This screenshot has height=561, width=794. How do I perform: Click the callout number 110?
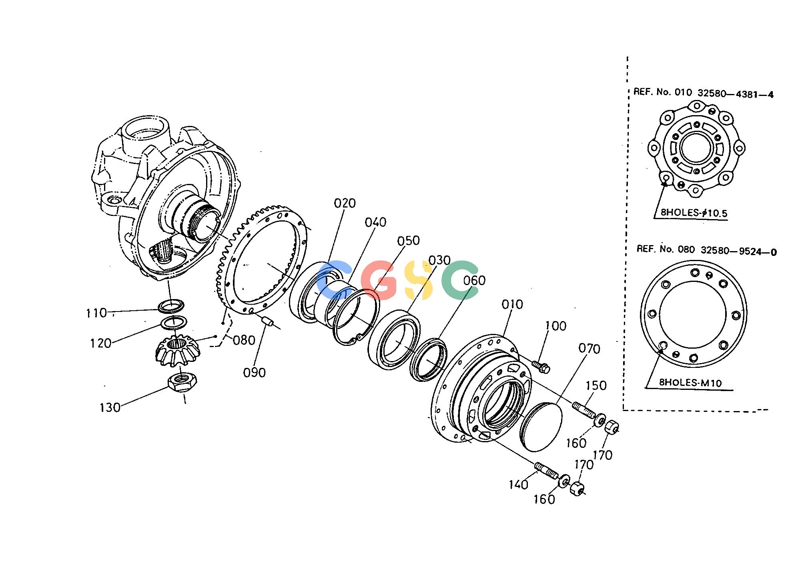click(x=96, y=313)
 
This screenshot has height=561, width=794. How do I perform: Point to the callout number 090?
click(x=255, y=373)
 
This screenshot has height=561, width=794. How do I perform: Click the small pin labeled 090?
click(x=268, y=321)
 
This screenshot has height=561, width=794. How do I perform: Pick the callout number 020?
click(x=345, y=204)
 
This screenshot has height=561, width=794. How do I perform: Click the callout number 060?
click(x=474, y=281)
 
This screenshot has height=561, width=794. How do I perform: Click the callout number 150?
click(x=596, y=386)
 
